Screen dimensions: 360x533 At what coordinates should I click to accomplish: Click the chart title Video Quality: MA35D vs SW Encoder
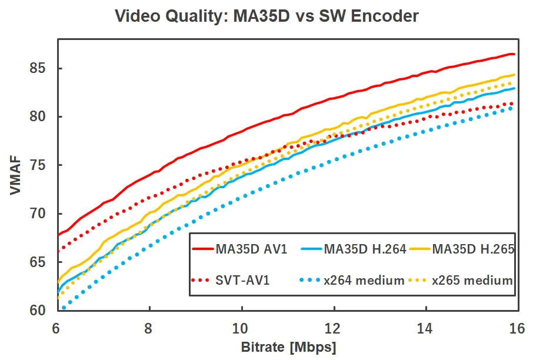(266, 16)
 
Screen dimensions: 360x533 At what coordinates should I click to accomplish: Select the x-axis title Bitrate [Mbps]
(288, 346)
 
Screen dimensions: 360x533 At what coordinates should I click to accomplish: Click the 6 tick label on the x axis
(57, 328)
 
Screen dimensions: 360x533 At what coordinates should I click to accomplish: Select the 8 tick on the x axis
(149, 328)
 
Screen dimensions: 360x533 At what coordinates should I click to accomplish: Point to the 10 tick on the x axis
(241, 328)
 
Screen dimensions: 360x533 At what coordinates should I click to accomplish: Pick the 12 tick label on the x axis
(334, 328)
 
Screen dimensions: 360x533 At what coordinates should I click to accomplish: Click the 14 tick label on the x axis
(425, 328)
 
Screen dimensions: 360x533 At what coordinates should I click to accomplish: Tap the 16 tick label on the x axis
(517, 328)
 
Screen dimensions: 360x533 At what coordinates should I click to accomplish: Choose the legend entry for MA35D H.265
(474, 249)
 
